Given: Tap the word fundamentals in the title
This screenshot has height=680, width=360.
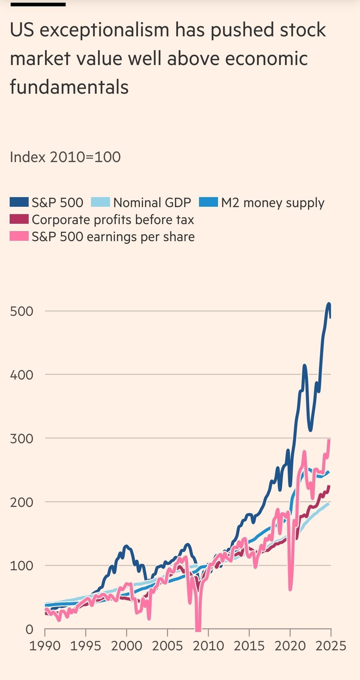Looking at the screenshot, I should (x=69, y=87).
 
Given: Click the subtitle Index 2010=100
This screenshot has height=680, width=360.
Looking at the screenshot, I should (x=65, y=157).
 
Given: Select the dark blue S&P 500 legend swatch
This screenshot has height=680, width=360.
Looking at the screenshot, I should (x=19, y=202).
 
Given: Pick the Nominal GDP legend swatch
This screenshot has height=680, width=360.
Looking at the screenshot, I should (x=100, y=202).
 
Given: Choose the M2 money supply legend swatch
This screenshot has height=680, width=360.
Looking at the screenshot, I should (x=208, y=202).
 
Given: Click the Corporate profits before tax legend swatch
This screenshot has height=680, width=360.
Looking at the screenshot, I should (x=19, y=219).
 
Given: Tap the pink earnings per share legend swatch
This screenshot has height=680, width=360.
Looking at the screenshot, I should (x=19, y=236).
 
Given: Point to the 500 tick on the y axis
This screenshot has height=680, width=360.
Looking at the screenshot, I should (x=22, y=311).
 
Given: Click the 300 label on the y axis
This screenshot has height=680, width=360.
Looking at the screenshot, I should (x=22, y=439).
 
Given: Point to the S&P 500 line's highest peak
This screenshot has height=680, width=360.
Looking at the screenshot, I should (x=329, y=304).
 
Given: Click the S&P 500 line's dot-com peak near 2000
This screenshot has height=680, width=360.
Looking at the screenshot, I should (x=126, y=546).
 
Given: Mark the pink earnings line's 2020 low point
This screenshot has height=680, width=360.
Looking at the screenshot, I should (x=290, y=589).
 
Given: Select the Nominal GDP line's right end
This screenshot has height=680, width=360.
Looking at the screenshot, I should (x=329, y=503).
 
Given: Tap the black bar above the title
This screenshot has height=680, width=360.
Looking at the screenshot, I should (x=38, y=4).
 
